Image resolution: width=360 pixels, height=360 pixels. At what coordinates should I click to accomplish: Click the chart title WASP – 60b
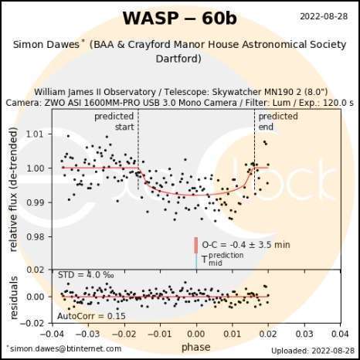point(179,18)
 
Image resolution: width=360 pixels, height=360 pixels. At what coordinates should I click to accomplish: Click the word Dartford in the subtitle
point(179,59)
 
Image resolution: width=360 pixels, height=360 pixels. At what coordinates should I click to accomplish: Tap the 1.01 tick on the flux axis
point(35,134)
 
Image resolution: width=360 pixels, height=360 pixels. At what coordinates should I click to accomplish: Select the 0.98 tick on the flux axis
point(35,236)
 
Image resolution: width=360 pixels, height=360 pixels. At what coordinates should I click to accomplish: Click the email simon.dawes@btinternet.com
point(63,349)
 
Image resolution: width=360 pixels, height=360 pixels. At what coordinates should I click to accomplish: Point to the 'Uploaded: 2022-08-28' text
point(315,350)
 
